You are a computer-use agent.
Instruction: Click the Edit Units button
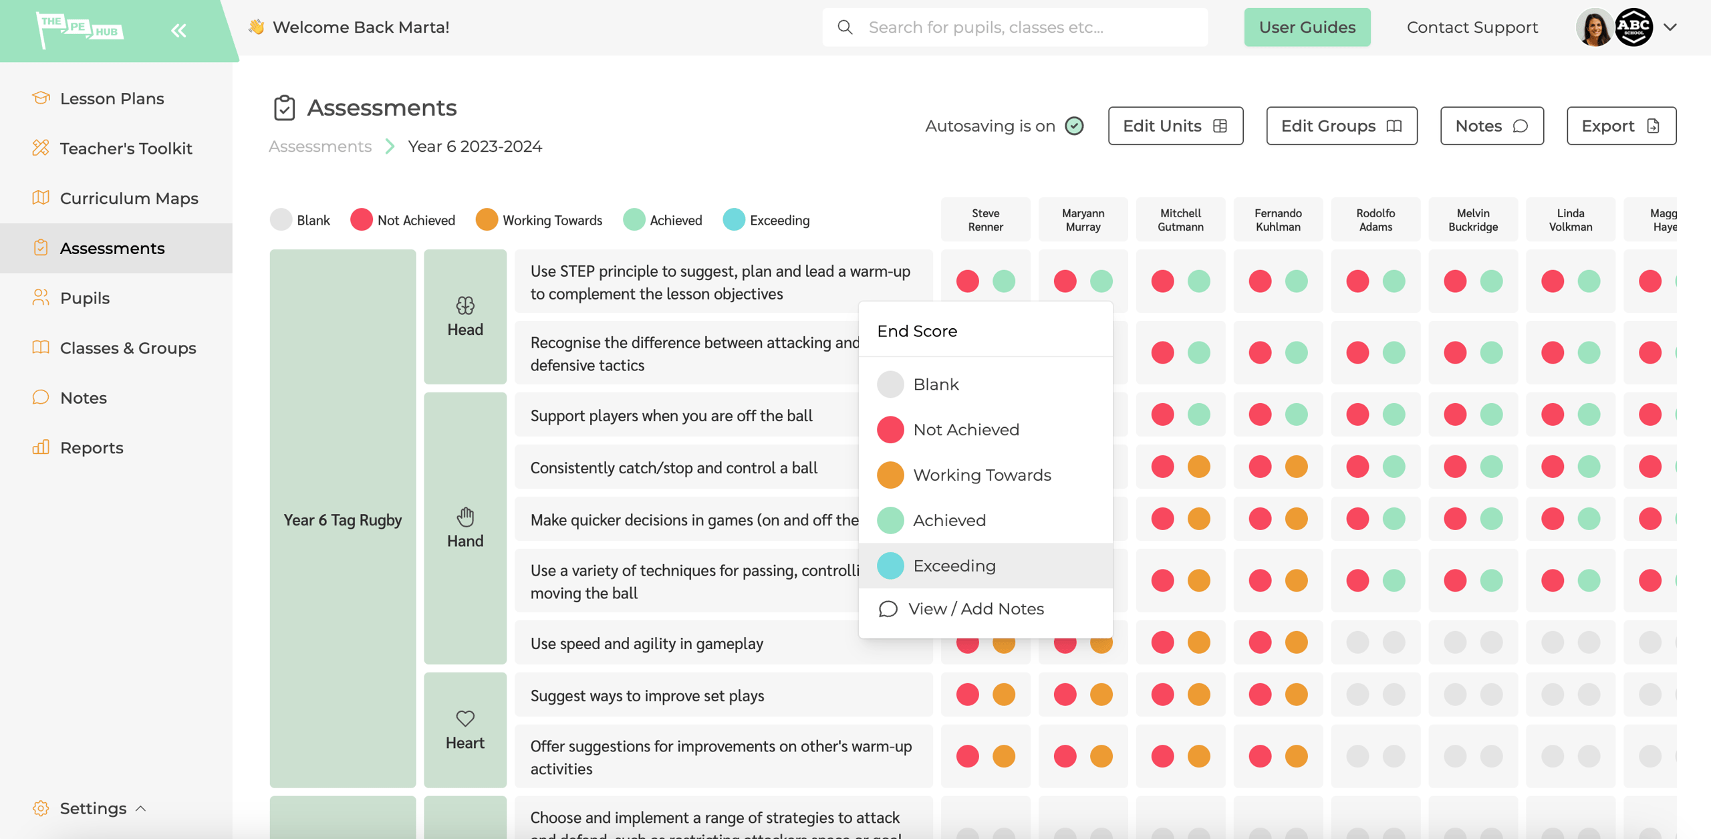point(1175,126)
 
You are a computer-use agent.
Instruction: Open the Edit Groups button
point(1341,126)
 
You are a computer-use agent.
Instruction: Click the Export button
point(1621,126)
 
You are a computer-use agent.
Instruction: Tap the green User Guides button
point(1307,27)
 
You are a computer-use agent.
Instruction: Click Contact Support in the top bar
point(1472,27)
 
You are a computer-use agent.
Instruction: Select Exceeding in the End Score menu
point(954,566)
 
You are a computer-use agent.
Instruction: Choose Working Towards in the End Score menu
point(981,475)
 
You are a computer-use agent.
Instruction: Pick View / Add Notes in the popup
point(975,609)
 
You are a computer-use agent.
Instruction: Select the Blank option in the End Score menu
point(935,384)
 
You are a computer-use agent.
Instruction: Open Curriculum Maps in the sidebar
point(129,199)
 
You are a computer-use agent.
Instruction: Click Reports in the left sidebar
point(92,448)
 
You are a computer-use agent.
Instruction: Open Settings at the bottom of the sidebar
point(93,808)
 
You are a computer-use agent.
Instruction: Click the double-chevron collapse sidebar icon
point(178,30)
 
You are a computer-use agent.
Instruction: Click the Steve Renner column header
point(985,220)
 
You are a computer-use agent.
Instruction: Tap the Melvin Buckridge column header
point(1472,220)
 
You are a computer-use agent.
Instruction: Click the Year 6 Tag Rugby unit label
point(342,519)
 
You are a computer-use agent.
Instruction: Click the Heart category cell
point(465,730)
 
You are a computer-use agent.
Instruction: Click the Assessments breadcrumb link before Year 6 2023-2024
point(320,146)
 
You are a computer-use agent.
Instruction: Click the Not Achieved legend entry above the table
point(403,220)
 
